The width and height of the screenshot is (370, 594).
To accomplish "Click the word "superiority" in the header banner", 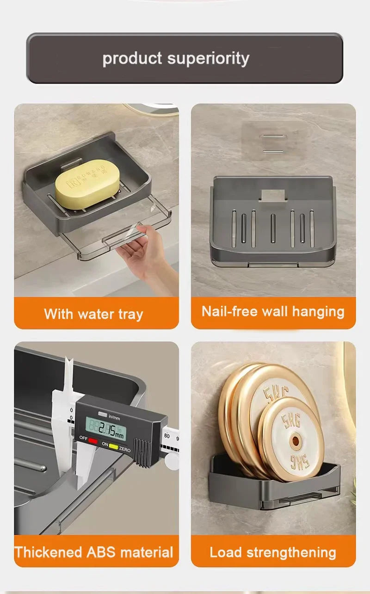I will coord(208,59).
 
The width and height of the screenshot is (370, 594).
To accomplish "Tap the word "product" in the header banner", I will coord(132,59).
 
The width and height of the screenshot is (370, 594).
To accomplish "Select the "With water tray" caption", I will coord(93,314).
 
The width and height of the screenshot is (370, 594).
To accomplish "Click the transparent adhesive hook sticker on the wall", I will coord(271,137).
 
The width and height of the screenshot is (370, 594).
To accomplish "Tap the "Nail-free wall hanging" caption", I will coord(273,311).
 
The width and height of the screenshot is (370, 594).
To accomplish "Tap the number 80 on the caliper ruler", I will coord(166,435).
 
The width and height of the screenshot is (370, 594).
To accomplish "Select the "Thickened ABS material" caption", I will coord(93,552).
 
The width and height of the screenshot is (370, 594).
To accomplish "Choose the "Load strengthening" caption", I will coord(273,552).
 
